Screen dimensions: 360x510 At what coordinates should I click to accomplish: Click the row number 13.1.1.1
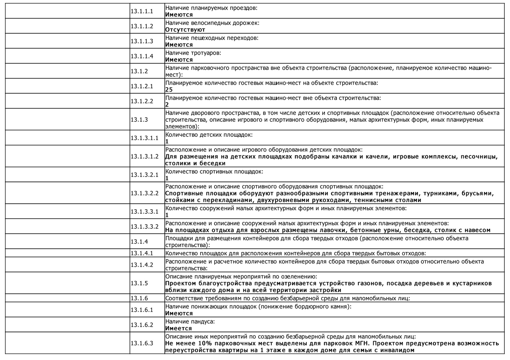(x=142, y=11)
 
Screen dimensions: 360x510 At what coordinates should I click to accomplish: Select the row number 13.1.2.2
(x=142, y=101)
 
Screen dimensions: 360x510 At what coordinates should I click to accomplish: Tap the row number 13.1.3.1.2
(x=144, y=156)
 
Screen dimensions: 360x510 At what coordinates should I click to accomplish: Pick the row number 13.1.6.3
(x=142, y=343)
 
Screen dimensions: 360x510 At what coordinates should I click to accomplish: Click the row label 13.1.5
(x=139, y=283)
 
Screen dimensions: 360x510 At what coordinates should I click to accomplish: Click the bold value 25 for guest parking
(x=169, y=90)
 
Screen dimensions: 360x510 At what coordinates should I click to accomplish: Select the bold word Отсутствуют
(x=185, y=30)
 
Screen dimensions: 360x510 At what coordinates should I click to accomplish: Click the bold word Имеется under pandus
(x=178, y=328)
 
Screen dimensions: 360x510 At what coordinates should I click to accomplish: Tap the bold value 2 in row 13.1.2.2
(x=167, y=105)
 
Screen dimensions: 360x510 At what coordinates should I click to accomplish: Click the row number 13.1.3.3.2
(x=144, y=227)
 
